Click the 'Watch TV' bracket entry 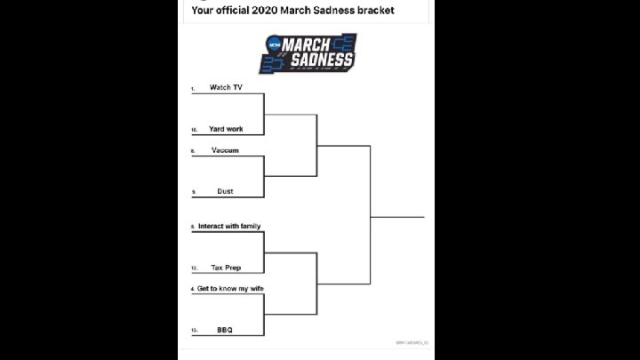tap(226, 87)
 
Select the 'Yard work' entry tap(226, 129)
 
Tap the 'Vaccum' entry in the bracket tap(225, 150)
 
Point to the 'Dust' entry tap(225, 191)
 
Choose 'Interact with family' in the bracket tap(229, 226)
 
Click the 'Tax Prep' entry tap(226, 268)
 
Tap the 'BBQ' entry tap(225, 330)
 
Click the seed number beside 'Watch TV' tap(192, 90)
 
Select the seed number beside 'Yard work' tap(193, 131)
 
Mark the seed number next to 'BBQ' tap(193, 332)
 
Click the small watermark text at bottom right tap(412, 342)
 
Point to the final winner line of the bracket tap(398, 216)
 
